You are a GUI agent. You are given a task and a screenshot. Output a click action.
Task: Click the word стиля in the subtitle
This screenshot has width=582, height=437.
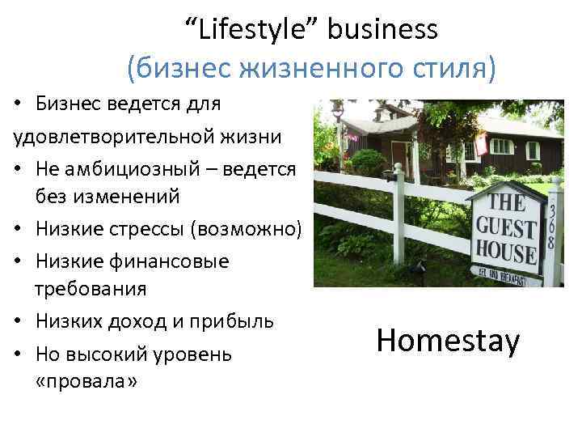[443, 69]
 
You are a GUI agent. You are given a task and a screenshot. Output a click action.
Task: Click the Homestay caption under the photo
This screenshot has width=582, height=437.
[448, 341]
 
